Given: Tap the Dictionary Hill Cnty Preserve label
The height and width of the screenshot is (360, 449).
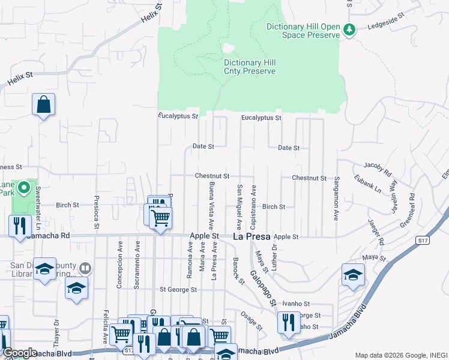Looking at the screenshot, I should [250, 67].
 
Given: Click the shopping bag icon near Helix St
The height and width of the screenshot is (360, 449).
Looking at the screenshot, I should [44, 105].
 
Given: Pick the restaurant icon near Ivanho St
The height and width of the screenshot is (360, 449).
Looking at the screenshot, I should [289, 322].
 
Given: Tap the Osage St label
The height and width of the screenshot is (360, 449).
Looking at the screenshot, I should [251, 320].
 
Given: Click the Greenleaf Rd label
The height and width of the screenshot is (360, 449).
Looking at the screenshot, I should [408, 211].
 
